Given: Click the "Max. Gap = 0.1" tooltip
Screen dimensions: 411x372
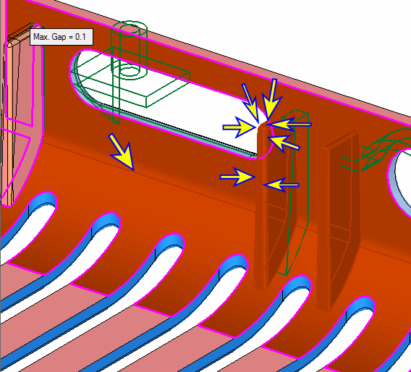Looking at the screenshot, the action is coord(62,37).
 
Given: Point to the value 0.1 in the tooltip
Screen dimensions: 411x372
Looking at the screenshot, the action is coord(80,37).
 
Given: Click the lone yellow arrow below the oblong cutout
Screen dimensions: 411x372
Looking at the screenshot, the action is coord(122,152).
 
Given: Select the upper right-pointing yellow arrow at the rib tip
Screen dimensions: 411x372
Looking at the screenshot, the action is coord(239,127).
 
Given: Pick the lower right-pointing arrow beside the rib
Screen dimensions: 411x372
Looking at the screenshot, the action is coord(237,177).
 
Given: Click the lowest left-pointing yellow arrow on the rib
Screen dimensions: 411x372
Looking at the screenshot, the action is coord(281,185).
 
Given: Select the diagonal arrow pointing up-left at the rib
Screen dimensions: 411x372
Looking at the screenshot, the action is coord(284,143).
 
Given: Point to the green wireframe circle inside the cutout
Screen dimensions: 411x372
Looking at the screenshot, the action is coord(130,72).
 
